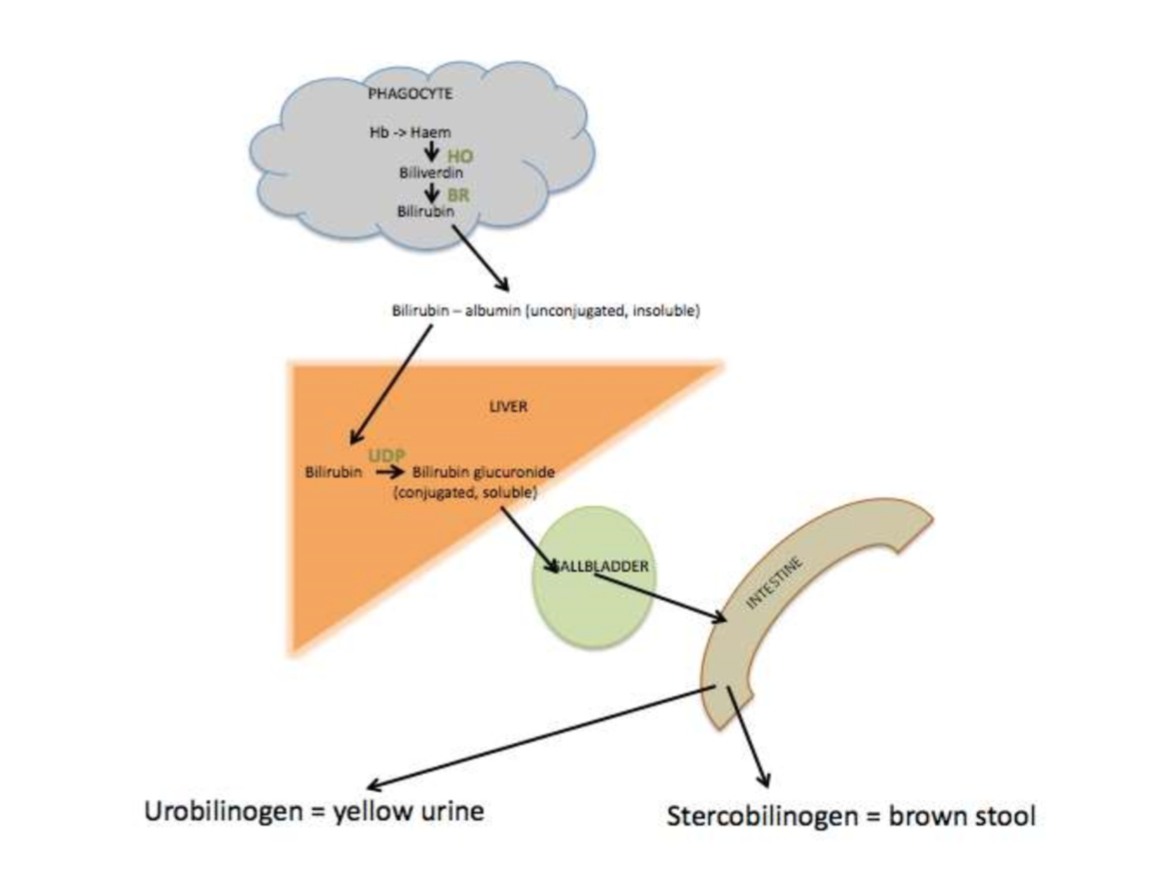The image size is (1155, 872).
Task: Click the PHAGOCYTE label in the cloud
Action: point(409,93)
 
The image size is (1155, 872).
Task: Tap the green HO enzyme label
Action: point(459,155)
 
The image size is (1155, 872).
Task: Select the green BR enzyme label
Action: point(459,194)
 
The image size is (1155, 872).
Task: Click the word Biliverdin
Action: point(431,172)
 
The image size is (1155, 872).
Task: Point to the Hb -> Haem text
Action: point(410,132)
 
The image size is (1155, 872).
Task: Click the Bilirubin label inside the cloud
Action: point(426,212)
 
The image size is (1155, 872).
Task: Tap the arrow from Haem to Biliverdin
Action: point(431,152)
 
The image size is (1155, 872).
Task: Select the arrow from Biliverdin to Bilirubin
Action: point(431,192)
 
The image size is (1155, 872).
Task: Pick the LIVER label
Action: point(508,407)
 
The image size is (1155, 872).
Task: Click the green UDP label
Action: point(386,456)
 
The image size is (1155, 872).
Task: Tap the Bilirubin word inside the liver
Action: point(333,472)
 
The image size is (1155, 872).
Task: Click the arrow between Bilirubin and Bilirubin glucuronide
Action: point(385,472)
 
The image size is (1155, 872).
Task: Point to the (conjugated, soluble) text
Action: point(465,492)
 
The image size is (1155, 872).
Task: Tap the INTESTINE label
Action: point(774,583)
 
